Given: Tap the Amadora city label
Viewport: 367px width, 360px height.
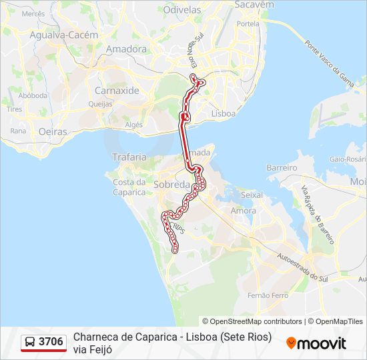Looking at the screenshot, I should pyautogui.click(x=126, y=49).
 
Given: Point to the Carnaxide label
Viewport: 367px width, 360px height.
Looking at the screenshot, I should pyautogui.click(x=117, y=90).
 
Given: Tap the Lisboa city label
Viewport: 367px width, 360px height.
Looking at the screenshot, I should pyautogui.click(x=223, y=113).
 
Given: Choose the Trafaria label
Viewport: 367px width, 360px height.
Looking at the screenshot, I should pyautogui.click(x=129, y=157).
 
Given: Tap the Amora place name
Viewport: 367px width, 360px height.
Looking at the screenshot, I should pyautogui.click(x=243, y=211).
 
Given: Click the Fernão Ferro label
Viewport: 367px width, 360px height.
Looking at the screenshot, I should pyautogui.click(x=267, y=295).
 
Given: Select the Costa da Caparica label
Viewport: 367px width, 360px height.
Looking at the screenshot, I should pyautogui.click(x=129, y=187).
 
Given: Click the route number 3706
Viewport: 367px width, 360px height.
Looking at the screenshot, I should pyautogui.click(x=51, y=342).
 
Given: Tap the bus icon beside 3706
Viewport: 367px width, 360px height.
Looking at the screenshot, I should pyautogui.click(x=30, y=342).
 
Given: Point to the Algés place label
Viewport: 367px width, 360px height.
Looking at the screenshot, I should pyautogui.click(x=133, y=125).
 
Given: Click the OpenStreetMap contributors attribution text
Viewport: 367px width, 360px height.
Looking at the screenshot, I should pyautogui.click(x=252, y=321).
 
